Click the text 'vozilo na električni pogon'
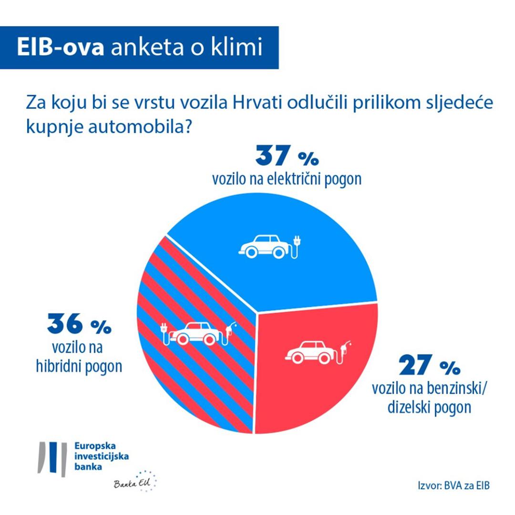point(287,179)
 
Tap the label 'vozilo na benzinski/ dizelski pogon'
point(429,399)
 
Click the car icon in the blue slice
point(266,246)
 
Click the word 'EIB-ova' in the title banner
point(61,48)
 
